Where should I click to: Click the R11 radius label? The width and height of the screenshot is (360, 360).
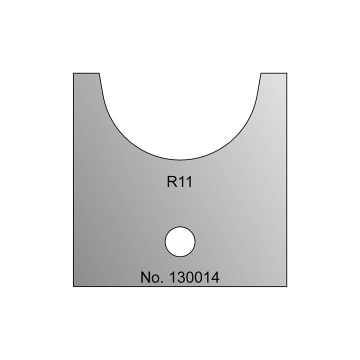click(x=179, y=182)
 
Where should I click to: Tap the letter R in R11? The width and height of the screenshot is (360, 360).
click(x=171, y=182)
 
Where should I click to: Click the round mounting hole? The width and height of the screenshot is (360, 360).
click(x=180, y=241)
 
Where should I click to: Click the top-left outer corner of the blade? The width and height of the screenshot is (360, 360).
click(x=73, y=73)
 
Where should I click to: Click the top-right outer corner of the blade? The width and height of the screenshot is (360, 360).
click(x=286, y=73)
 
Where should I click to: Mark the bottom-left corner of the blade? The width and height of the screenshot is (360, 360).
click(x=73, y=286)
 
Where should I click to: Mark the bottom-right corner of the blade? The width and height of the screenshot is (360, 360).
click(x=286, y=286)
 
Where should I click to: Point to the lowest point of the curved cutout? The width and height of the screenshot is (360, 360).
click(x=180, y=159)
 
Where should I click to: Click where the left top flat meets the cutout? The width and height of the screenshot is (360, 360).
click(x=99, y=73)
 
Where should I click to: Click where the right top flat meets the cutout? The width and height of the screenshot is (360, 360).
click(x=260, y=73)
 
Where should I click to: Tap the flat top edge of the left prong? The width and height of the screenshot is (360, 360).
click(x=86, y=73)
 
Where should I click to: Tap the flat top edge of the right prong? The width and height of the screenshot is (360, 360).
click(x=273, y=73)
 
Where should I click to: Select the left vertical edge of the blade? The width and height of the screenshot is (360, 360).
click(x=73, y=180)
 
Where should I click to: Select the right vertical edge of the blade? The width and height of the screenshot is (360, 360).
click(x=286, y=180)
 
